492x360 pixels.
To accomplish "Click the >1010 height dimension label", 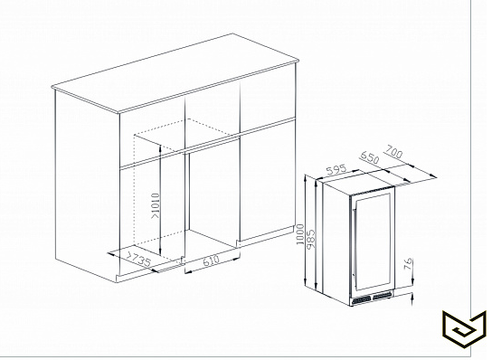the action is [156, 206].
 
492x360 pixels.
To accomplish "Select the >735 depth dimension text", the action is [137, 259].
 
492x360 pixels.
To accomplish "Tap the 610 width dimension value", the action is [211, 261].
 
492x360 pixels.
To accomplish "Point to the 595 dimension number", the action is [336, 169].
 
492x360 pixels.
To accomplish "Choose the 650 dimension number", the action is [370, 157].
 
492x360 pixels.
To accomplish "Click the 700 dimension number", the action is [393, 151].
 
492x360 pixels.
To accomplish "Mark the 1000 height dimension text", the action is [300, 234].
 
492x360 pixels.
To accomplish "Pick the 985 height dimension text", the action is [310, 239].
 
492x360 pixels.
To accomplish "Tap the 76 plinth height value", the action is [407, 264].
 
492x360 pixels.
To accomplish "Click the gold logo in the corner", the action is [464, 328].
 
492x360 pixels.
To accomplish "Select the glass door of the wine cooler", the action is [373, 242].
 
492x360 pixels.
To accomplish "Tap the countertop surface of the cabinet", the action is [175, 72].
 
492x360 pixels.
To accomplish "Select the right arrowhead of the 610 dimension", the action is [236, 259].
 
